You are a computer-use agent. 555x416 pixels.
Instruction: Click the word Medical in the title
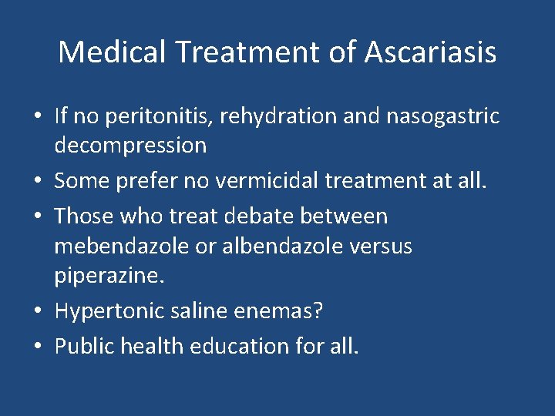[113, 52]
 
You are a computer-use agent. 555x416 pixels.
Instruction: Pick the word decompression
[130, 145]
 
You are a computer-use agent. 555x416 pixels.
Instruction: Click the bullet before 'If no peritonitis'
[37, 117]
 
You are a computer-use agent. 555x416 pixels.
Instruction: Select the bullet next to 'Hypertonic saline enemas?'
[37, 312]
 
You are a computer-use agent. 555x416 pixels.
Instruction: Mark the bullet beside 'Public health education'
[37, 347]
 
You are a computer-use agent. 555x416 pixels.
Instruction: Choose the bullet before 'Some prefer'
[37, 181]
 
